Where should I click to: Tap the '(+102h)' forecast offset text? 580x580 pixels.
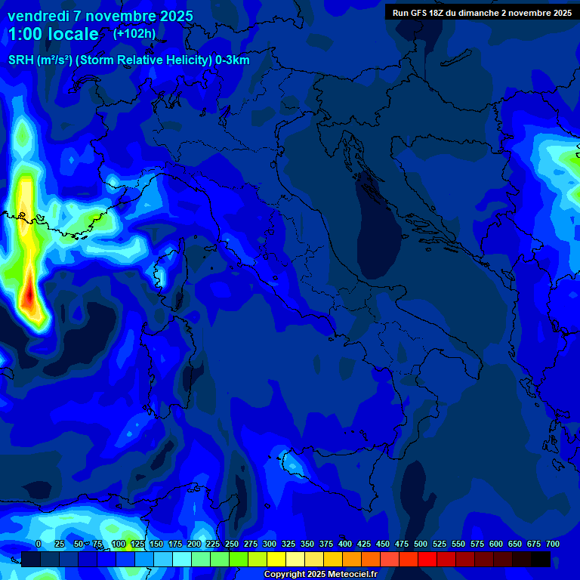point(134,33)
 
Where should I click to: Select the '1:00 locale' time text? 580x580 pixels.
point(53,34)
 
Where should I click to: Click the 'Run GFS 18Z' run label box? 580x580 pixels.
point(481,12)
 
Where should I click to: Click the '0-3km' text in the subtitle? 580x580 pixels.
point(233,60)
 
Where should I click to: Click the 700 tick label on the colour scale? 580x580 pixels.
point(552,544)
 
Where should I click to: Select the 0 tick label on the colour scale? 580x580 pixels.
point(39,544)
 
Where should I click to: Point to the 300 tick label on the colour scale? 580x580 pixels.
point(269,544)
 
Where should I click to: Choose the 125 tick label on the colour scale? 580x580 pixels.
point(137,544)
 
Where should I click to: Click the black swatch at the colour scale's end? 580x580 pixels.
point(541,559)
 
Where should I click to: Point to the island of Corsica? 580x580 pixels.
point(161,273)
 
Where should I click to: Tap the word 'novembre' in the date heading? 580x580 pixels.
point(111,16)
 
